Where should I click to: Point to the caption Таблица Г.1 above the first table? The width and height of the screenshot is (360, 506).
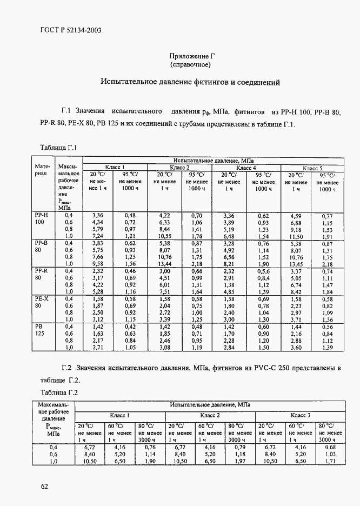coord(59,148)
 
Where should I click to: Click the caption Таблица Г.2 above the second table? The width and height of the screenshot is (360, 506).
coord(59,392)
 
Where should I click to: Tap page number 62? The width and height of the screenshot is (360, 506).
coord(45,486)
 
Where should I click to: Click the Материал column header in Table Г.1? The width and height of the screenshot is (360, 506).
coord(42,170)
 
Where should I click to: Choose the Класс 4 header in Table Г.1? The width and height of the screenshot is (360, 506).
coord(246,168)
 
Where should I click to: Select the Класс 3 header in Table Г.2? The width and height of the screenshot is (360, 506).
coord(300,415)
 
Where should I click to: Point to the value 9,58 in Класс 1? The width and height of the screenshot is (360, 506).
coord(98,263)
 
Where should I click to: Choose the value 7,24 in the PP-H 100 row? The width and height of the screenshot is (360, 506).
coord(98,237)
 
